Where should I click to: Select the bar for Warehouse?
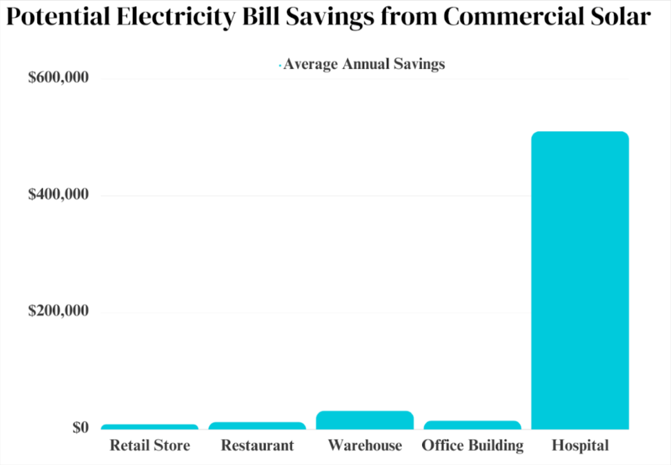365,420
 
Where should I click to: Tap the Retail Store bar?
150,427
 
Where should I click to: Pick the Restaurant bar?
257,426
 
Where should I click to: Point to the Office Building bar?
472,425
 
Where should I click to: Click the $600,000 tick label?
59,77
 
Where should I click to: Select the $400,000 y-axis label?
59,194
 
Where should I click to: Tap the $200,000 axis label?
59,311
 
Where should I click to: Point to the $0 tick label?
80,427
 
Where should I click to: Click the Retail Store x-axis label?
150,445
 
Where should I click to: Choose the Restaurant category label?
257,445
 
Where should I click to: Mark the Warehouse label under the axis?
365,445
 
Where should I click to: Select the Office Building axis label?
472,445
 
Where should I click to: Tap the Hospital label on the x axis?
580,445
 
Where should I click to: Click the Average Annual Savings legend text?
364,64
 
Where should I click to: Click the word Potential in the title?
58,17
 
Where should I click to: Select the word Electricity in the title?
176,17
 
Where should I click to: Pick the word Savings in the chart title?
330,17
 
